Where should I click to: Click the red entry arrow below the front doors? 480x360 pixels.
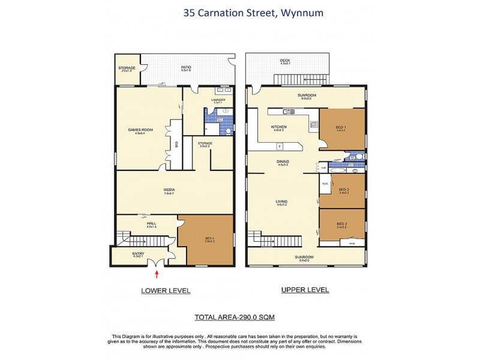pos(157,275)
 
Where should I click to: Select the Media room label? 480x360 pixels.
pos(169,190)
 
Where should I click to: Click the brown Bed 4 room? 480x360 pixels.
pos(204,240)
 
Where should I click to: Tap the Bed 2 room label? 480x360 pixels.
pos(342,224)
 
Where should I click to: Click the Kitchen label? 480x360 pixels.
pos(280,127)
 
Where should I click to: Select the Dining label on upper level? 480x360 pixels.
pos(282,162)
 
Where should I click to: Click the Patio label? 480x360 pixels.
pos(186,68)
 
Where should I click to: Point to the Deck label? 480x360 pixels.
pos(285,61)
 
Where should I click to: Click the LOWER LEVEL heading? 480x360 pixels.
pos(166,291)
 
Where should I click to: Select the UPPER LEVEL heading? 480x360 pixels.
pos(305,290)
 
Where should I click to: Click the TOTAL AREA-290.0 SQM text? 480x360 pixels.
pos(235,316)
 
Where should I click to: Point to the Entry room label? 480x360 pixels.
pos(138,254)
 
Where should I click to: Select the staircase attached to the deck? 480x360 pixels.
pos(301,80)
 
